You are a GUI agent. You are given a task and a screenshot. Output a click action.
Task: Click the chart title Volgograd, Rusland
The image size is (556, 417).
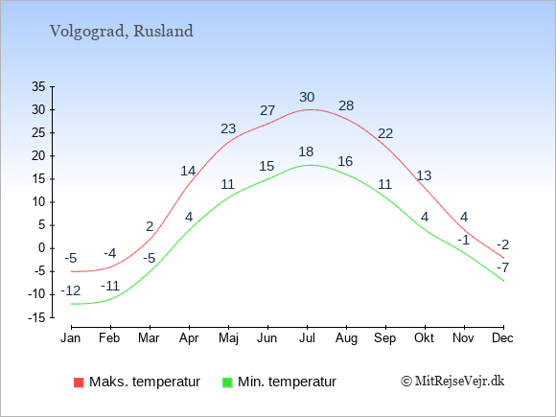[x=122, y=32]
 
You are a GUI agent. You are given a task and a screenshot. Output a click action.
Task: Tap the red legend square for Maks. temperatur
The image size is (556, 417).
[x=79, y=382]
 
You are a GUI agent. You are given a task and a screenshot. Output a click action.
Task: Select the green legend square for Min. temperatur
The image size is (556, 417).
[x=227, y=382]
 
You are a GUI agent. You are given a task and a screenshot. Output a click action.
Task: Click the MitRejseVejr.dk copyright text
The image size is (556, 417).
[x=452, y=382]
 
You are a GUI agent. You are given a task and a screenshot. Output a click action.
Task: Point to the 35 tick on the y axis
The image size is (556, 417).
[x=38, y=86]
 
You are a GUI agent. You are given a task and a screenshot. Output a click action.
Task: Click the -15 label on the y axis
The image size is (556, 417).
[x=36, y=318]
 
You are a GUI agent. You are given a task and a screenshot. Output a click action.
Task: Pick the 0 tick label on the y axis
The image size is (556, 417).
[x=42, y=248]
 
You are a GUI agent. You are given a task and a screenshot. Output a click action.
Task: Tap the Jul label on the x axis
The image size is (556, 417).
[x=307, y=338]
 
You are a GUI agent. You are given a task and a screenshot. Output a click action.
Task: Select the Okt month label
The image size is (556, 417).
[x=424, y=338]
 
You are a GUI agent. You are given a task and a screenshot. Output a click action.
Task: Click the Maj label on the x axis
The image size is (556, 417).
[x=228, y=338]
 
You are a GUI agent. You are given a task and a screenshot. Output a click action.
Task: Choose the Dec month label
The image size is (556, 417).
[x=502, y=338]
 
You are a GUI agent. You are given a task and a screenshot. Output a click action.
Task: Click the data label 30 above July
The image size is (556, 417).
[x=307, y=97]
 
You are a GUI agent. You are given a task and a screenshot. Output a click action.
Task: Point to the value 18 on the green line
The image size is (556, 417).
[x=306, y=151]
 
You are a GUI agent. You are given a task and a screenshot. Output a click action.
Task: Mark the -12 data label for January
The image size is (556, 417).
[x=71, y=291]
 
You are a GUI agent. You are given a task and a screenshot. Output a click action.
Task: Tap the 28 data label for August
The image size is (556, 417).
[x=346, y=105]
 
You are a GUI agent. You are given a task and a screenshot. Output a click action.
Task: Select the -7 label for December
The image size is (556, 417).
[x=503, y=267]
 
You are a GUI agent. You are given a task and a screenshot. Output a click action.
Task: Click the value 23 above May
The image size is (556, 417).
[x=228, y=128]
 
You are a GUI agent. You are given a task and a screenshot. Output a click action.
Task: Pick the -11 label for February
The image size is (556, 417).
[x=110, y=286]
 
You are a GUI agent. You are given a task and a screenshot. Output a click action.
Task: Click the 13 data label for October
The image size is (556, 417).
[x=424, y=175]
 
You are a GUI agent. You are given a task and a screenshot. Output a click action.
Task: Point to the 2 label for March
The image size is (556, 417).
[x=150, y=226]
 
